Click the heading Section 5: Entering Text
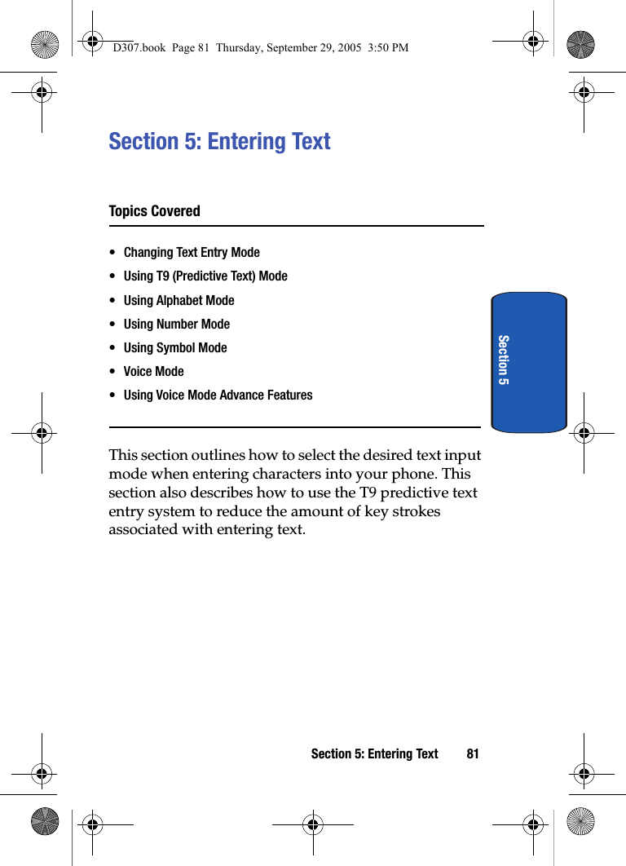(219, 142)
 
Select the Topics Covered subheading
(154, 211)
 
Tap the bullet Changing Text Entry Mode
(192, 253)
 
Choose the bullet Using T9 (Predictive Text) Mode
(205, 276)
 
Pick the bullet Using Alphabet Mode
(179, 300)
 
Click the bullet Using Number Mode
(177, 324)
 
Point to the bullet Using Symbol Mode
(175, 347)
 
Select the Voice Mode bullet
(154, 371)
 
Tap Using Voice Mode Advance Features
(218, 395)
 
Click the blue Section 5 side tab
(529, 361)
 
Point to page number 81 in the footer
(473, 754)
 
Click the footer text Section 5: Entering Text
(374, 754)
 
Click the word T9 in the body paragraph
(368, 493)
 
